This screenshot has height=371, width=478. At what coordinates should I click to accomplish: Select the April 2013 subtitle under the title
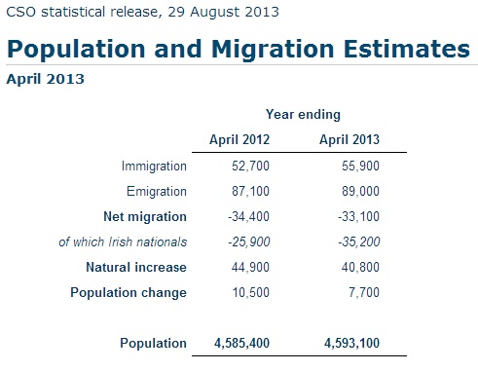(44, 79)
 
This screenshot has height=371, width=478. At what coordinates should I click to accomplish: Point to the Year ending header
(303, 114)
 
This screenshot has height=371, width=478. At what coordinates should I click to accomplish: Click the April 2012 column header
(239, 140)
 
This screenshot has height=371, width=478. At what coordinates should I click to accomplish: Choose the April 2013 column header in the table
(349, 140)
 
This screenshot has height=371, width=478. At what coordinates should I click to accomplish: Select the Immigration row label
(154, 167)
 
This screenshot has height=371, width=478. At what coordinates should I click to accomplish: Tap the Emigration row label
(156, 192)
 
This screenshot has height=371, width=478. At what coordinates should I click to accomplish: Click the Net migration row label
(145, 216)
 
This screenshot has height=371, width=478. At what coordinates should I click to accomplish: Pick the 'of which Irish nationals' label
(123, 241)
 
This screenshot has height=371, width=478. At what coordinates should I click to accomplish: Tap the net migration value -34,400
(246, 216)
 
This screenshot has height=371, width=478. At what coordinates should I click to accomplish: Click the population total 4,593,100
(349, 343)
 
